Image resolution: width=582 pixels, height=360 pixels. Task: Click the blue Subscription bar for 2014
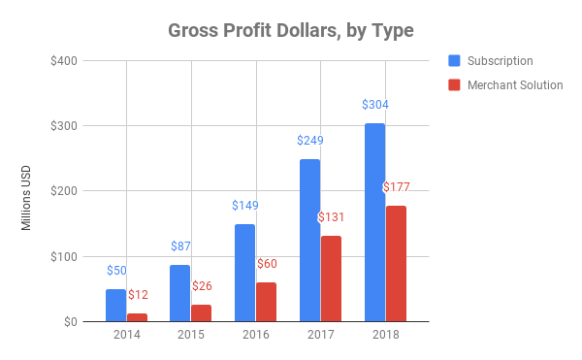115,306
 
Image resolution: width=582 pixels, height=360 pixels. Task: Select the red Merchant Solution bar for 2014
138,317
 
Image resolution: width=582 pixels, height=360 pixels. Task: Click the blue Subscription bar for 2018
374,222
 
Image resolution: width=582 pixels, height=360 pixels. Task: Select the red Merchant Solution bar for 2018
396,263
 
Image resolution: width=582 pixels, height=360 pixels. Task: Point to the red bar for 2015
201,312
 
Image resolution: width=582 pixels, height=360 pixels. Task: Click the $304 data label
375,105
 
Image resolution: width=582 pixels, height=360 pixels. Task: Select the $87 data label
180,246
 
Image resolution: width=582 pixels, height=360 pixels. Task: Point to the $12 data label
139,294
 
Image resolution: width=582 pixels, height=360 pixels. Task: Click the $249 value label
310,141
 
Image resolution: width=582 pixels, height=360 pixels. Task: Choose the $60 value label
267,263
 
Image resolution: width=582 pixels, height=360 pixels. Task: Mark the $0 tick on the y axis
72,322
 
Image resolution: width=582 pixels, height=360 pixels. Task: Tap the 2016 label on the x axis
255,336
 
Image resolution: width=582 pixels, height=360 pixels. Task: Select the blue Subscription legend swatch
454,60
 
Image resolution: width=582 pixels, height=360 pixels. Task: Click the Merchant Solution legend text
515,85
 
